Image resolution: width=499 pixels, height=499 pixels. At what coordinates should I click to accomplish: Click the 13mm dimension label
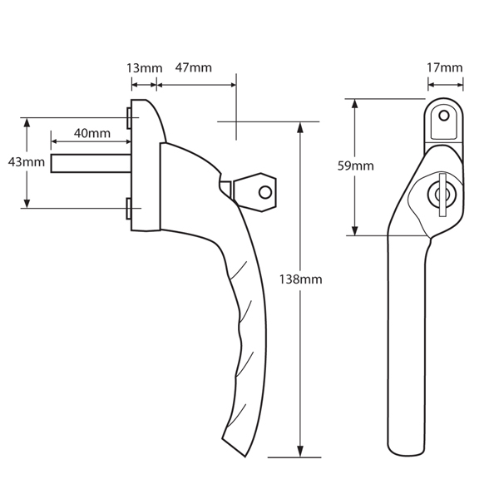(x=143, y=67)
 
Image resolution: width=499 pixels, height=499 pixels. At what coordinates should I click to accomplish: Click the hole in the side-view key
(x=265, y=192)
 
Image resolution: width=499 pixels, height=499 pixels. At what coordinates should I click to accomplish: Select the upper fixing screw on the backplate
(x=129, y=117)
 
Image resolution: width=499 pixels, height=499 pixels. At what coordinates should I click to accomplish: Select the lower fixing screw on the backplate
(x=129, y=210)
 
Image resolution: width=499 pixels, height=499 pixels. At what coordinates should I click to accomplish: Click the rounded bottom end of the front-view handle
(x=408, y=449)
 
